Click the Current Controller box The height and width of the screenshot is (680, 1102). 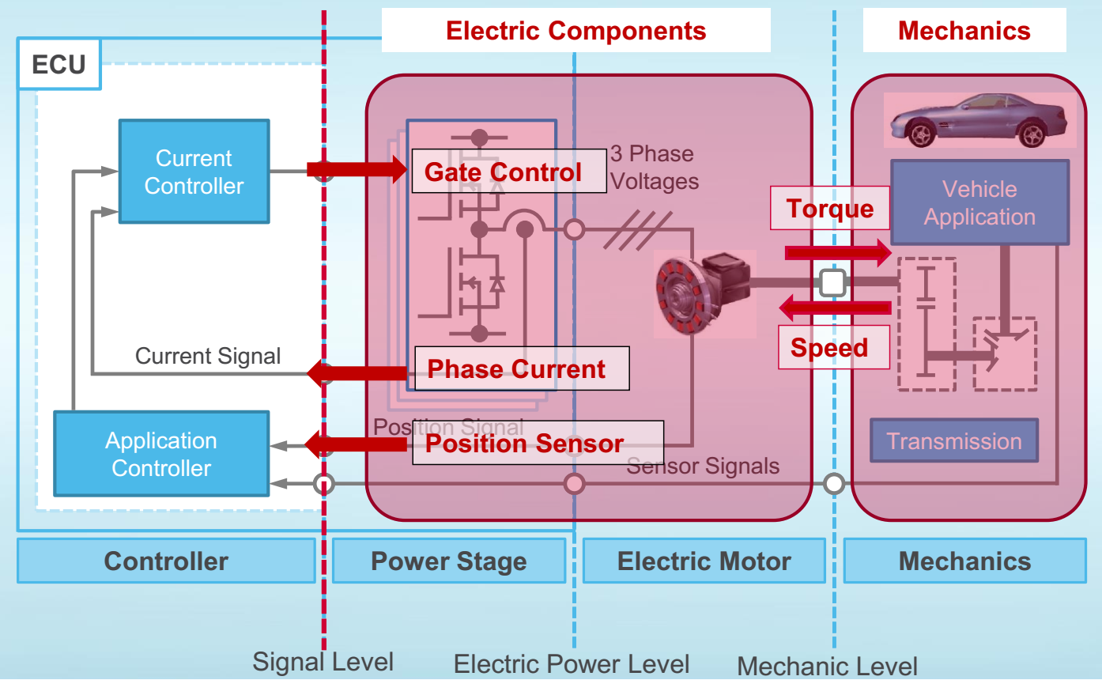(x=194, y=172)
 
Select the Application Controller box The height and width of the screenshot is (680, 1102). (x=161, y=454)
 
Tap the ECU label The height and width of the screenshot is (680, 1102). (x=58, y=64)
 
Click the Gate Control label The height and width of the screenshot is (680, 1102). (x=503, y=172)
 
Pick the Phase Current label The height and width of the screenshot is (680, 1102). (x=517, y=368)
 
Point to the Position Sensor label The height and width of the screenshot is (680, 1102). (x=526, y=443)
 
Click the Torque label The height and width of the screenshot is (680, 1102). (x=830, y=209)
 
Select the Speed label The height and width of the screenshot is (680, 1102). (x=829, y=348)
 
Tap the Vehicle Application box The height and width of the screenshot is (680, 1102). (x=979, y=203)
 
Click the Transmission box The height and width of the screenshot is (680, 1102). (x=954, y=440)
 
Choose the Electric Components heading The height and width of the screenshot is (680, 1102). (x=576, y=31)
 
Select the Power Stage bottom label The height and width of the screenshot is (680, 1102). (x=448, y=561)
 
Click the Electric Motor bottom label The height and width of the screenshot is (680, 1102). (x=704, y=561)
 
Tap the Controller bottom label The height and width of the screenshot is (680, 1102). (x=166, y=561)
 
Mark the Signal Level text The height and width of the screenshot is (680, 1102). (x=323, y=661)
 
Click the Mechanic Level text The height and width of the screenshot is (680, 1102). (x=827, y=666)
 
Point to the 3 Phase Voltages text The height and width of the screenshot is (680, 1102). (x=655, y=168)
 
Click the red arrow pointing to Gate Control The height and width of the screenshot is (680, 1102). (x=356, y=168)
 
